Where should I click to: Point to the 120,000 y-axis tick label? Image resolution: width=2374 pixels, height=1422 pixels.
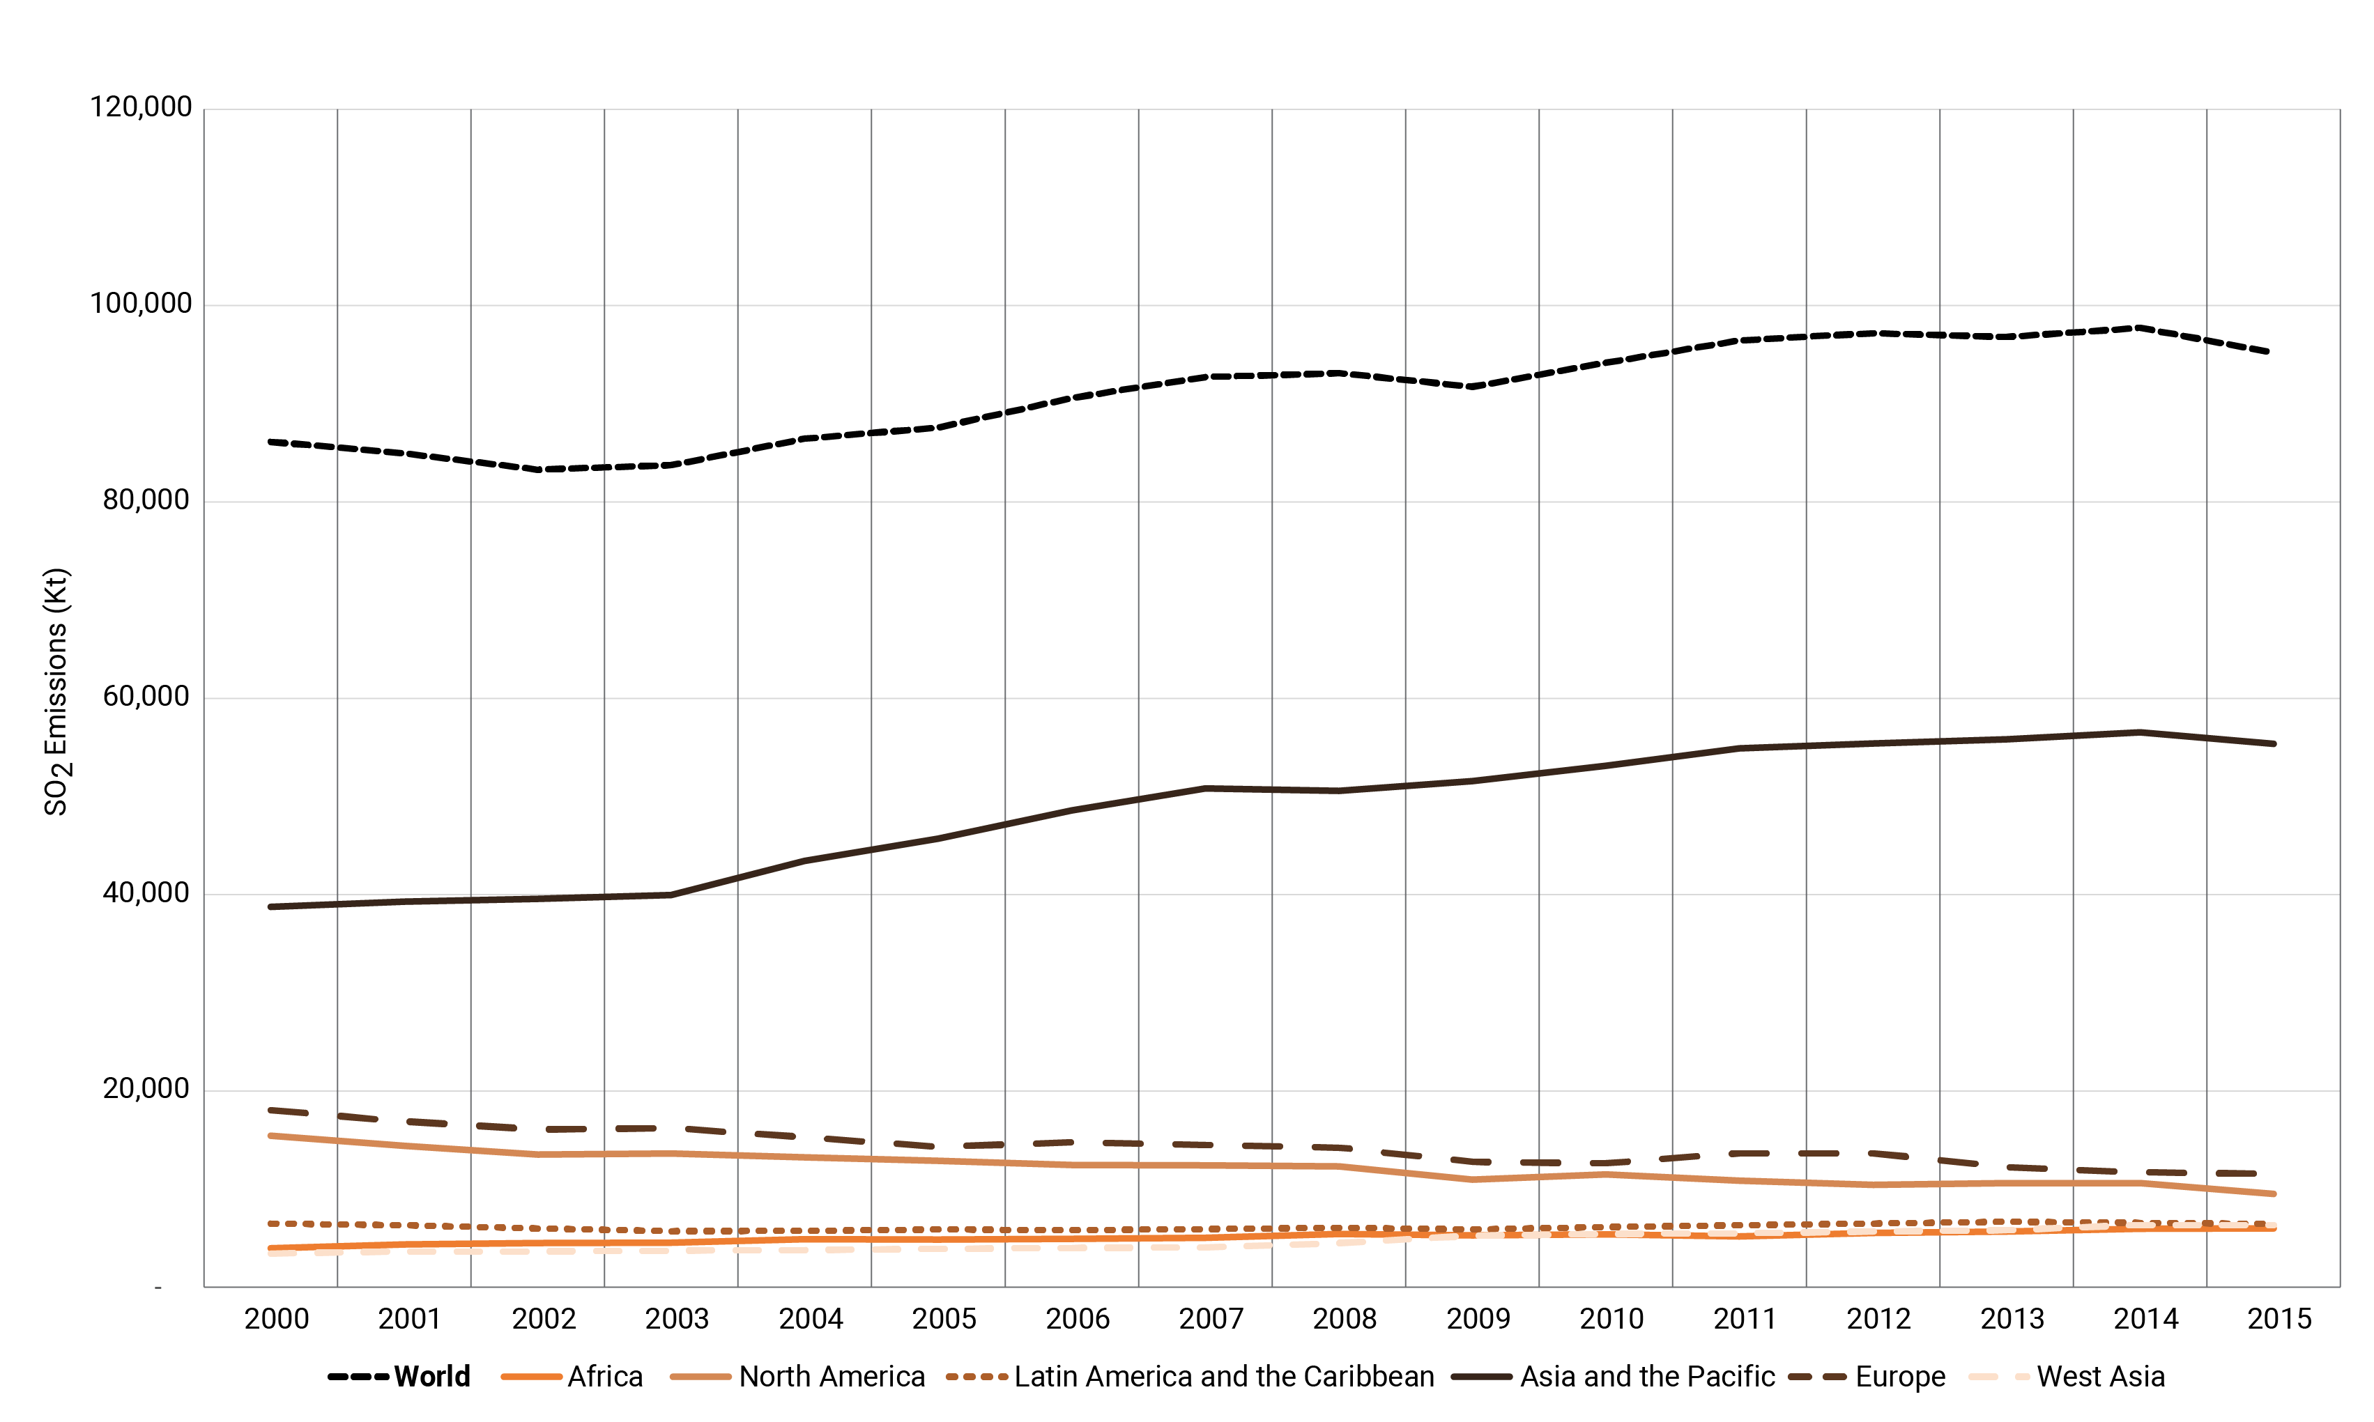click(x=141, y=107)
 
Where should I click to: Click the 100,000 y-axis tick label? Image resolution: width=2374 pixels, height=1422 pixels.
click(x=141, y=304)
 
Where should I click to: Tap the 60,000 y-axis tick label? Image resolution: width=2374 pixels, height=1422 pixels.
click(x=146, y=697)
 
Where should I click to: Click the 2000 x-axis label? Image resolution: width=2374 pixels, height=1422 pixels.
click(x=276, y=1320)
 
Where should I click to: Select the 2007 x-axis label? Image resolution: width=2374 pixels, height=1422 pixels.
click(x=1211, y=1320)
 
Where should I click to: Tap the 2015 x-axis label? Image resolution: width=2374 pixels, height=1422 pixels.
click(x=2279, y=1320)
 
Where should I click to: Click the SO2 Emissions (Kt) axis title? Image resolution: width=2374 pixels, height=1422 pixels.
click(x=56, y=692)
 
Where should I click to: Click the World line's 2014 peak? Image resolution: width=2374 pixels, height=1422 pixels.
click(x=2139, y=327)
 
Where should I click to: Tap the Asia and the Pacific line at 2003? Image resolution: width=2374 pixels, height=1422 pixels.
click(x=671, y=895)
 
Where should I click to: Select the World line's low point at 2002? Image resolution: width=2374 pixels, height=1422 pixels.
click(x=541, y=470)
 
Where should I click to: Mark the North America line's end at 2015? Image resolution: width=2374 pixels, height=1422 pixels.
click(x=2274, y=1194)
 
